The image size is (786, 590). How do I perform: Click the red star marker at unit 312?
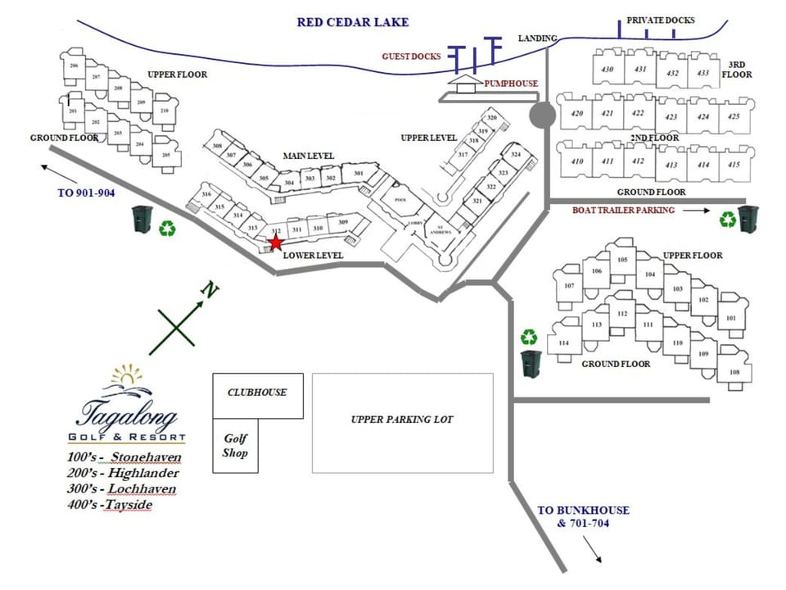point(276,243)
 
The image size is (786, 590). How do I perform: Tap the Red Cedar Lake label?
point(352,22)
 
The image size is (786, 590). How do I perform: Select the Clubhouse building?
point(257,394)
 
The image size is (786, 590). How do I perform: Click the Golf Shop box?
point(235,446)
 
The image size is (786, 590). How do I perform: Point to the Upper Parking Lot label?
point(402,420)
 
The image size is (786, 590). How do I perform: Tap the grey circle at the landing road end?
point(542,116)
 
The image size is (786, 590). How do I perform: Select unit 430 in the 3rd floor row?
point(607,70)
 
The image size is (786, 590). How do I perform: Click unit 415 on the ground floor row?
point(733,165)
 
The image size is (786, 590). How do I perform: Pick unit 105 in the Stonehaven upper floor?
point(622,261)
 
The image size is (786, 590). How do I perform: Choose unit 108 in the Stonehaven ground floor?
point(734,373)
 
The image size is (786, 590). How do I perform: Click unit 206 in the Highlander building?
point(75,66)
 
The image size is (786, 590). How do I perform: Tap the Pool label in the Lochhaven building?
point(400,200)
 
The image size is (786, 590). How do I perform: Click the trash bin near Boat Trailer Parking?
point(749,220)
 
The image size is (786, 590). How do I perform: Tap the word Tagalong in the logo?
point(129,411)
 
